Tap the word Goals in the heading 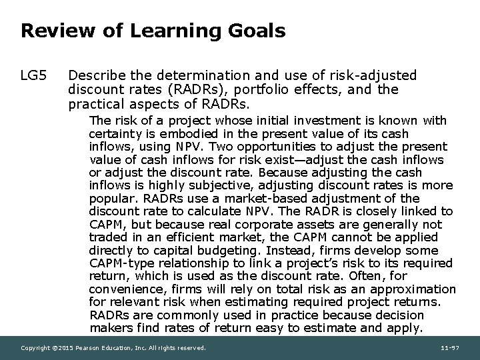[255, 31]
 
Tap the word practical [94, 104]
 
